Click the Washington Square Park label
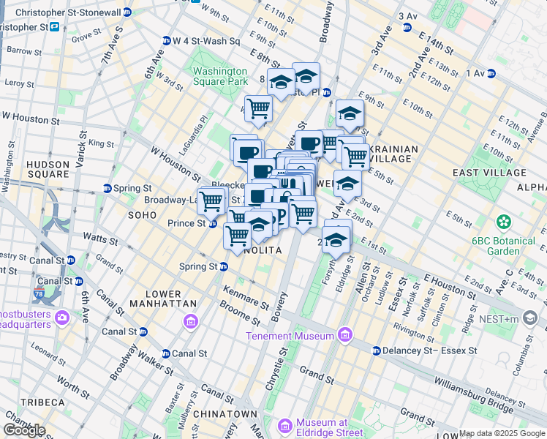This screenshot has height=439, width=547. (220, 76)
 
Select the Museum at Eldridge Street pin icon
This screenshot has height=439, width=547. (287, 426)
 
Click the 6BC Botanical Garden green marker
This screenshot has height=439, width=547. (503, 221)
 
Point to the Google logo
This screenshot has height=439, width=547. (24, 430)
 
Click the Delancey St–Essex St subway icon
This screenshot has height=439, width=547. (376, 350)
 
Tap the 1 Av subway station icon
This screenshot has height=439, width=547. (491, 73)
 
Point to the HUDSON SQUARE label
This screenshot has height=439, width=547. (48, 170)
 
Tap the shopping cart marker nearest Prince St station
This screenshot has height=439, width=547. (211, 200)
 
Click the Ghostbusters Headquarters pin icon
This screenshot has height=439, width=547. (61, 317)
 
